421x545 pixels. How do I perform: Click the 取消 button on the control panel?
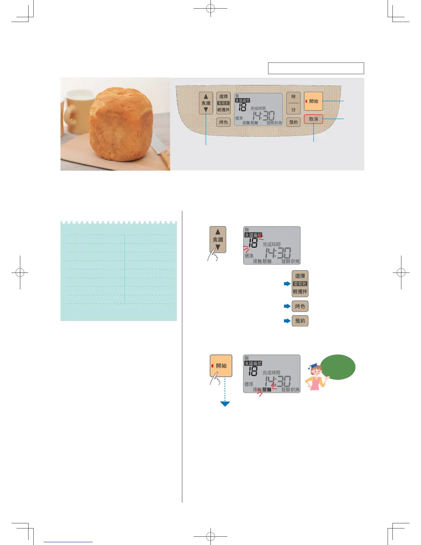pos(313,119)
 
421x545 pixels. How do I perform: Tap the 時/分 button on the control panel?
pos(293,103)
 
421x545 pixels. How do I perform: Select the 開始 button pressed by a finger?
pos(221,366)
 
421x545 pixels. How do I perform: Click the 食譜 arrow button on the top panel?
pos(206,103)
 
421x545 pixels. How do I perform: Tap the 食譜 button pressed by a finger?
pos(218,239)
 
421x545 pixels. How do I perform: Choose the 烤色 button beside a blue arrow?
pos(300,306)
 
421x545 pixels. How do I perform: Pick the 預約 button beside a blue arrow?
pos(300,321)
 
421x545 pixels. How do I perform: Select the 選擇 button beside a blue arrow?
pos(300,284)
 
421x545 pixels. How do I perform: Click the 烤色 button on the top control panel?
pos(223,122)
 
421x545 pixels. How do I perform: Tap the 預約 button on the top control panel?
pos(293,122)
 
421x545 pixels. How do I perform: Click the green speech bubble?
pos(338,367)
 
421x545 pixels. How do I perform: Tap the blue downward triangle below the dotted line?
pos(225,404)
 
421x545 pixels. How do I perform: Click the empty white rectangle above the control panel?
pos(316,68)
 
